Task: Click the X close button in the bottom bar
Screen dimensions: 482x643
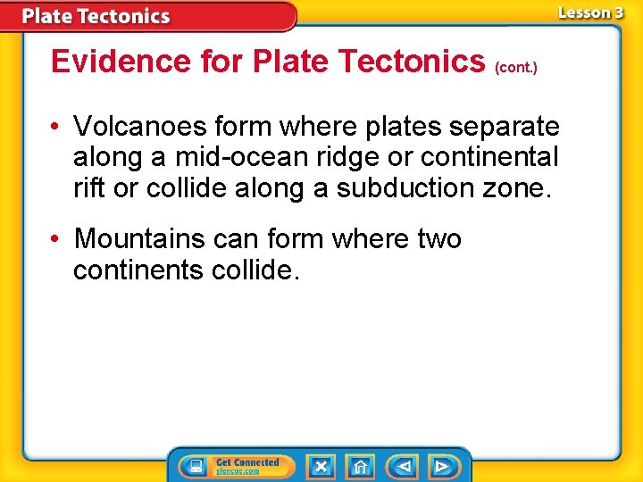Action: (321, 467)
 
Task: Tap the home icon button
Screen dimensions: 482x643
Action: (360, 467)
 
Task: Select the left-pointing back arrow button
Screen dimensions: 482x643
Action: (404, 467)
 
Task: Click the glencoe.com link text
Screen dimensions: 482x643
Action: (238, 471)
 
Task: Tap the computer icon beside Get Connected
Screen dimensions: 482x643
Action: (194, 467)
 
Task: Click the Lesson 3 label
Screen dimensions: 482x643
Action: (590, 12)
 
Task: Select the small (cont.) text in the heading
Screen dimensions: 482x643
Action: (515, 68)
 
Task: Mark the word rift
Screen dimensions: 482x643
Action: (87, 188)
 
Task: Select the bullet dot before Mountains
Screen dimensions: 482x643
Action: (56, 240)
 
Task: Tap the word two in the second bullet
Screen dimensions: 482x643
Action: (439, 239)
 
